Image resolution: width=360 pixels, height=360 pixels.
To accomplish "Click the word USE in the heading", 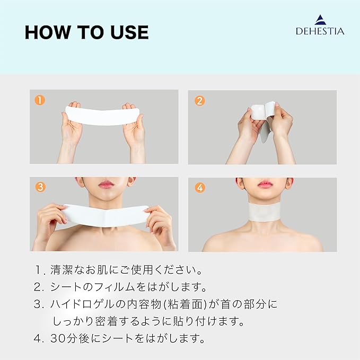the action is [129, 32].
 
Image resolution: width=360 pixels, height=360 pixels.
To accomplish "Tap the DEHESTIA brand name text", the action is [320, 31].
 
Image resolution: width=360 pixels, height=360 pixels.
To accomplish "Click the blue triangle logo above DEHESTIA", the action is [320, 20].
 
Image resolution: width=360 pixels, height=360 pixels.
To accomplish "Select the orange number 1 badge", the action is [40, 100].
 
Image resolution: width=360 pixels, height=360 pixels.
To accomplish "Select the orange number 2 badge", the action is [199, 101].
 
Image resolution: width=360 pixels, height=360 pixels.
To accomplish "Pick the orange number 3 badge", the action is [40, 187].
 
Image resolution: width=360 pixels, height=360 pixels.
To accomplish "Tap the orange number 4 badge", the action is [200, 188].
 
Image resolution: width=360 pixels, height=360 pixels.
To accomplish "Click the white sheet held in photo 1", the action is [102, 116].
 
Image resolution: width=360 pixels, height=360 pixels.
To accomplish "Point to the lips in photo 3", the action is [106, 184].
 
